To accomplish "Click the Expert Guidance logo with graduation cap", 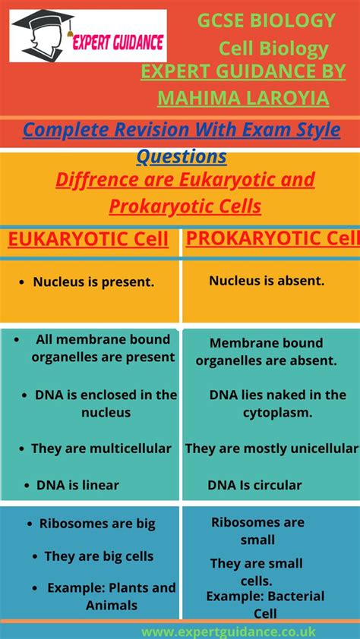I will [87, 36].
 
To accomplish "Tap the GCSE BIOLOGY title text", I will [266, 20].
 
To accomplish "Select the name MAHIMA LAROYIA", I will [243, 98].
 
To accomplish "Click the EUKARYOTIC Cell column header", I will [88, 240].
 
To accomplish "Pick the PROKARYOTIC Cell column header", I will [272, 239].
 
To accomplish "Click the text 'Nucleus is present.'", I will [93, 282].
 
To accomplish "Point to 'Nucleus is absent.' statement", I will [267, 281].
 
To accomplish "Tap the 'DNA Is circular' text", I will [254, 485].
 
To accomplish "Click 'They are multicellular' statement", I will [101, 449].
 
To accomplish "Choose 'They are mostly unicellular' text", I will [272, 449].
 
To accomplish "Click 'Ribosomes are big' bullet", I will [97, 524].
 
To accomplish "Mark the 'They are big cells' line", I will [99, 556].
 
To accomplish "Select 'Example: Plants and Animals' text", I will [111, 597].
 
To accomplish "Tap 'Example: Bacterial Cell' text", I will [265, 604].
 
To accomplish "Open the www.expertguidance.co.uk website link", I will [228, 631].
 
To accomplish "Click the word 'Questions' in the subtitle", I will [182, 157].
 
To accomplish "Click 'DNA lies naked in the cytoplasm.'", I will [277, 404].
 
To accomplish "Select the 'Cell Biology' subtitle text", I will [273, 49].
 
